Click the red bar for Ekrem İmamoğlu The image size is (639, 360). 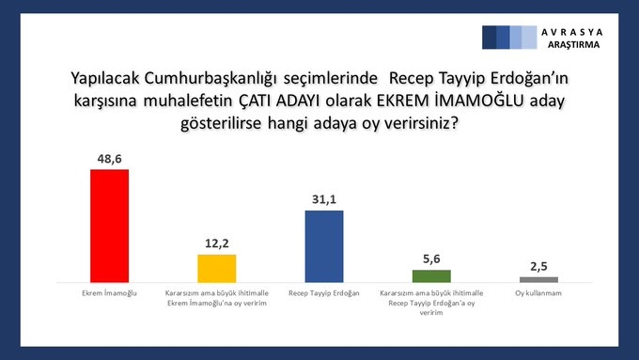[109, 226]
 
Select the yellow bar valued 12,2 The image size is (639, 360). [216, 268]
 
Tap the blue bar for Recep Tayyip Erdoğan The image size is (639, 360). [324, 246]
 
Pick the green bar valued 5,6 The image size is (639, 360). [431, 275]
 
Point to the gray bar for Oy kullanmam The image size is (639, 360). [538, 279]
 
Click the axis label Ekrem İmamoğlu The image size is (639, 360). [109, 293]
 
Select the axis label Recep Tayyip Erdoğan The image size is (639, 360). [324, 293]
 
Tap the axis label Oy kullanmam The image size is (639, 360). [538, 293]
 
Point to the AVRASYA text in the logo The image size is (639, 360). [574, 32]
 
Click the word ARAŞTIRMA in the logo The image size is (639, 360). [574, 44]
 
